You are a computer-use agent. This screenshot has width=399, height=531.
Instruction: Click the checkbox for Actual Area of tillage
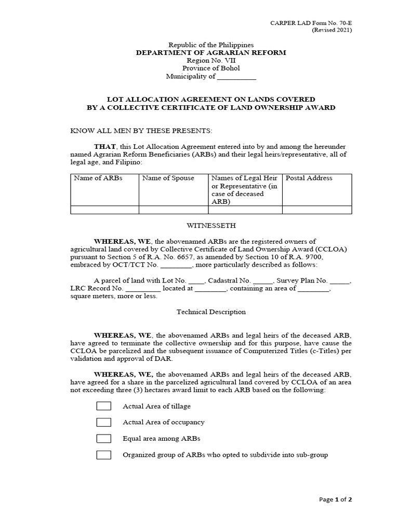coord(104,406)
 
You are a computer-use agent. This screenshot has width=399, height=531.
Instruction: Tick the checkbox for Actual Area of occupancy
coord(104,422)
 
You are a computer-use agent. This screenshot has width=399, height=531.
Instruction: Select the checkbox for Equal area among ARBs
coord(104,439)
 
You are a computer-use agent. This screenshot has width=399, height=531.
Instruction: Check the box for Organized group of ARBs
coord(104,455)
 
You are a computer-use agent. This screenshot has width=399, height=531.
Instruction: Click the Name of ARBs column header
coord(98,178)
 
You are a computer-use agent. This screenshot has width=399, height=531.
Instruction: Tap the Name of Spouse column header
coord(168,178)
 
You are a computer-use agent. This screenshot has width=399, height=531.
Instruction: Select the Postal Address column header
coord(309,178)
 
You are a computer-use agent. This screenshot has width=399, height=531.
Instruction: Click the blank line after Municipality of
coord(236,77)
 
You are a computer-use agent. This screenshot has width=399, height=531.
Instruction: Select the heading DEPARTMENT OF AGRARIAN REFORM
coord(211,53)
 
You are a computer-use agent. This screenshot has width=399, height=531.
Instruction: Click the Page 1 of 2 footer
coord(335,500)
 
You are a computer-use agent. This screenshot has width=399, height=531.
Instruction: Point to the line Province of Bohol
coord(211,68)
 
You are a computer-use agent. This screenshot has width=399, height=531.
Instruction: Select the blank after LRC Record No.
coord(143,288)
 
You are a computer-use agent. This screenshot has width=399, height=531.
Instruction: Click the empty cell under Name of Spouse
coord(174,210)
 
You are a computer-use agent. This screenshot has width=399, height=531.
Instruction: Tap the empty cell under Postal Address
coord(317,210)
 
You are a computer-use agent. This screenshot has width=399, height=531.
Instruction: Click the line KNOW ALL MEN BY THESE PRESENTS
coord(141,131)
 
